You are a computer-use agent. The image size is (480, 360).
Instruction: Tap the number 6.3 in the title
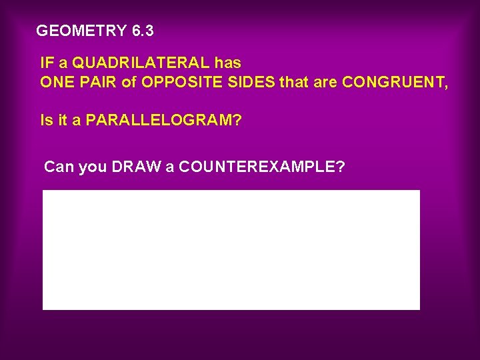point(143,31)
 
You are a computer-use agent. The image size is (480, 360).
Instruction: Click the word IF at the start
point(47,64)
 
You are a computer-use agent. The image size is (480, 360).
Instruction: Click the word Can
point(59,167)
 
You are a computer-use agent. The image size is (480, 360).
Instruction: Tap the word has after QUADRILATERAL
point(228,64)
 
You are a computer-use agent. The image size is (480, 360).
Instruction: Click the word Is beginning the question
point(46,121)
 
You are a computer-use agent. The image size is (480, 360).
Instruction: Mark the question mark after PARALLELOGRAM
point(237,121)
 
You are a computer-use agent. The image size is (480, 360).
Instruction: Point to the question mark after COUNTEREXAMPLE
point(341,167)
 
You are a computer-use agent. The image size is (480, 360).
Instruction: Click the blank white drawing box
point(231,250)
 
